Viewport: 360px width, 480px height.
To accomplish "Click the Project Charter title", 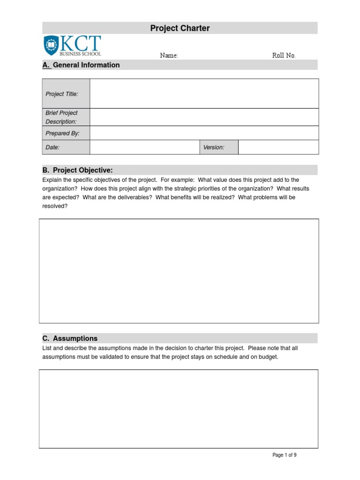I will pos(180,28).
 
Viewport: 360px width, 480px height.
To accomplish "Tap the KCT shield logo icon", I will pos(51,45).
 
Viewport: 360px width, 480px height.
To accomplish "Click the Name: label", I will pos(169,55).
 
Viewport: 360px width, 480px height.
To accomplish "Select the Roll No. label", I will pos(284,55).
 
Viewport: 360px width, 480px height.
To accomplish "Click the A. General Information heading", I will pos(81,65).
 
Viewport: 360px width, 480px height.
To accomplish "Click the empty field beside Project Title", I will pos(204,94).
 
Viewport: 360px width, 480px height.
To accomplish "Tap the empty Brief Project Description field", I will pos(204,117).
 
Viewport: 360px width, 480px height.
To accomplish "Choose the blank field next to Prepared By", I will pos(204,133).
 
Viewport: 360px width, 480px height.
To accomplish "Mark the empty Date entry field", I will pos(144,147).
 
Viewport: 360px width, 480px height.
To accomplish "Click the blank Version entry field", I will pos(278,147).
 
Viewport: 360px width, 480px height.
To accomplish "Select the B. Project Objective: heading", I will pos(78,170).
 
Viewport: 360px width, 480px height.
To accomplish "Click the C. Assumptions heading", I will pos(70,338).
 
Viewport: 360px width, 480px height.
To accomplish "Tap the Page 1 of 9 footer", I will pos(285,455).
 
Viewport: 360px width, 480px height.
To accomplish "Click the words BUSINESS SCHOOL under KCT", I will pos(80,53).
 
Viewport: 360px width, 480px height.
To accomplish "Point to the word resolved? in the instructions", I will pos(55,206).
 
